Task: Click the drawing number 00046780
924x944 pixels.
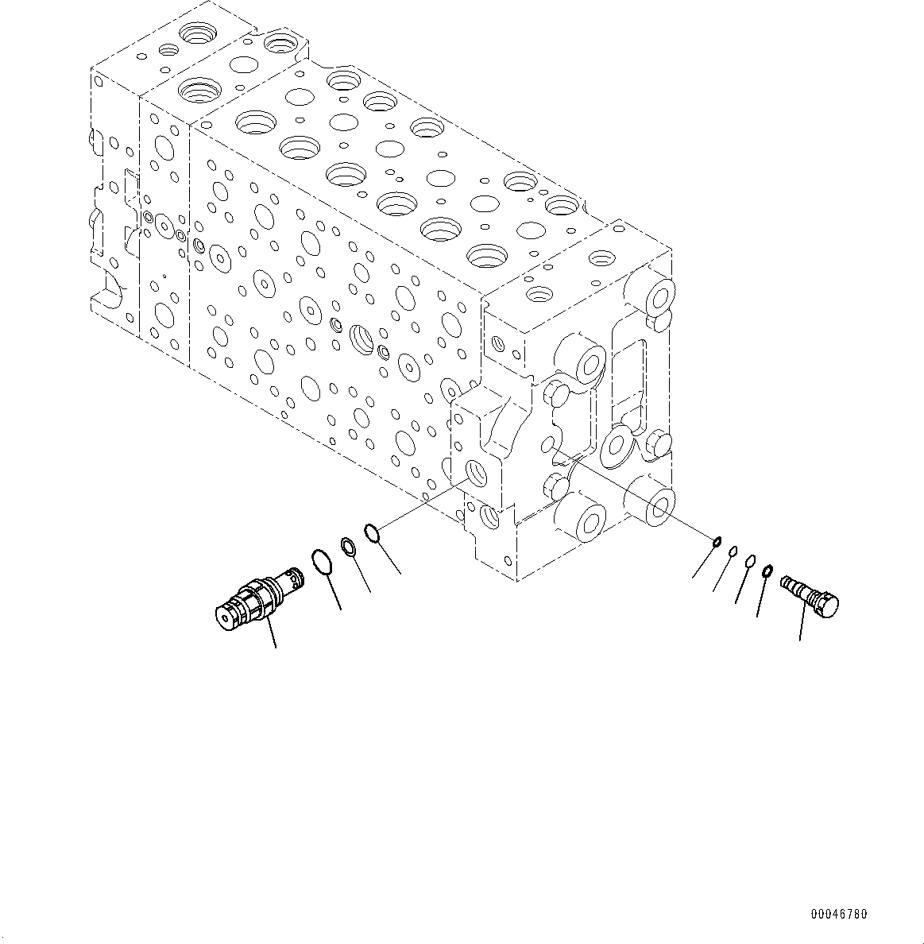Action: coord(839,915)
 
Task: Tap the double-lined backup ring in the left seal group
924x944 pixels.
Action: coord(348,545)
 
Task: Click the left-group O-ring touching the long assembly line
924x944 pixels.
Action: coord(373,532)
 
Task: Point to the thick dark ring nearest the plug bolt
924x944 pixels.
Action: coord(767,571)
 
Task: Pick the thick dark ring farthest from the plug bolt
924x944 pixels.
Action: coord(717,543)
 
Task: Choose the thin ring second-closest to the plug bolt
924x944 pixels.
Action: coord(750,562)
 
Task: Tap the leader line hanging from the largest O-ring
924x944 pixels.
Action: coord(334,592)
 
